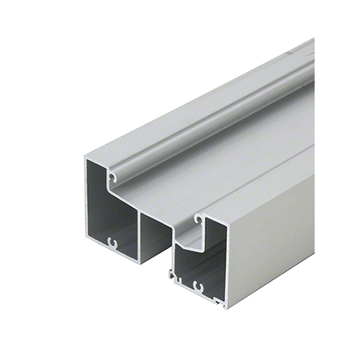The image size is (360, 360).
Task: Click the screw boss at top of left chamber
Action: [112, 175]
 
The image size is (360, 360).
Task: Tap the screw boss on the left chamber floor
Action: [112, 242]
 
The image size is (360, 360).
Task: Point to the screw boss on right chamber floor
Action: [199, 288]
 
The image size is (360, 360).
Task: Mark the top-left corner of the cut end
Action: [86, 157]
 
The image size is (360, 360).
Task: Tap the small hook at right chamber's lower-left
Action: [172, 275]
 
